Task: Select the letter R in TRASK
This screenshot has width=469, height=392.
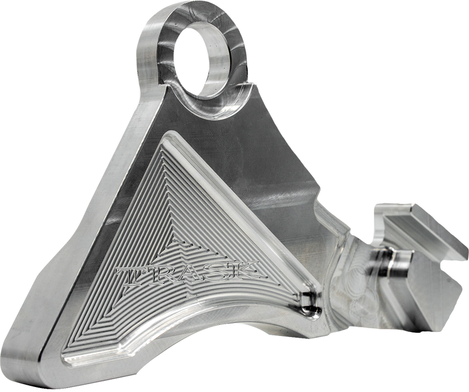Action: (158, 272)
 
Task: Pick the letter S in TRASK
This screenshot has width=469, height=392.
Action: (216, 269)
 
